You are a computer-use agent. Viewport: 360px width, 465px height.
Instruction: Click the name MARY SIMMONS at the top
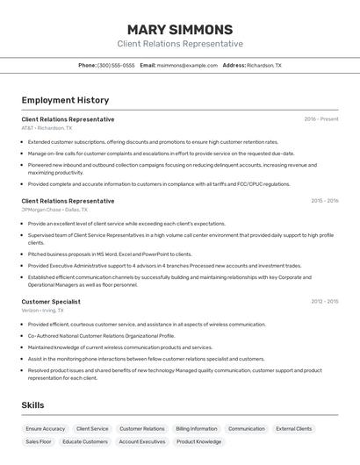point(180,29)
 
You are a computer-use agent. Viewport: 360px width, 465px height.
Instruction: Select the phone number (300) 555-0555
point(116,65)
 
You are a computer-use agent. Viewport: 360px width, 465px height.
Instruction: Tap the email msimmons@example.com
point(187,65)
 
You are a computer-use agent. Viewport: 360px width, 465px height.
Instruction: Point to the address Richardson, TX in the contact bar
point(263,65)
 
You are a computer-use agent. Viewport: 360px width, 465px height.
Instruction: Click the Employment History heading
point(65,101)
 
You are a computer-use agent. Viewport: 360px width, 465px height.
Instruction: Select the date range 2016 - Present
point(320,119)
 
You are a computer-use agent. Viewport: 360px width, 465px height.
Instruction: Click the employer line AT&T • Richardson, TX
point(47,128)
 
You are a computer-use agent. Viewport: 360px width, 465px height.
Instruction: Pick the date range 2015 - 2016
point(324,201)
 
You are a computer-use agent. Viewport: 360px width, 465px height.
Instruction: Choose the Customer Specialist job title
point(51,302)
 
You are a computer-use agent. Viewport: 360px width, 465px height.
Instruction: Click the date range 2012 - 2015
point(324,302)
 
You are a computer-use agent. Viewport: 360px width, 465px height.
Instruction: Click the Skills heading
point(33,404)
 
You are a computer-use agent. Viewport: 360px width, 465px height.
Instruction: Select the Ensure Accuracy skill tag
point(46,429)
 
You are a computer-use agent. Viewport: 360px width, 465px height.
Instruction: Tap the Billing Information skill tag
point(196,429)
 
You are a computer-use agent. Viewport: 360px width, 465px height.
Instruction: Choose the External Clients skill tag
point(293,429)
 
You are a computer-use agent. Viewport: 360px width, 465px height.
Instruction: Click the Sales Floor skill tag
point(39,442)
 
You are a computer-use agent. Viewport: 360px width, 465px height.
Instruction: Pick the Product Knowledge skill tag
point(198,442)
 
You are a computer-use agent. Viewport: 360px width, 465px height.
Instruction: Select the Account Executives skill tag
point(141,442)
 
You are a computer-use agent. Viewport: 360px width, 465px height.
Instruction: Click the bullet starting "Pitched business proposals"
point(110,254)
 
